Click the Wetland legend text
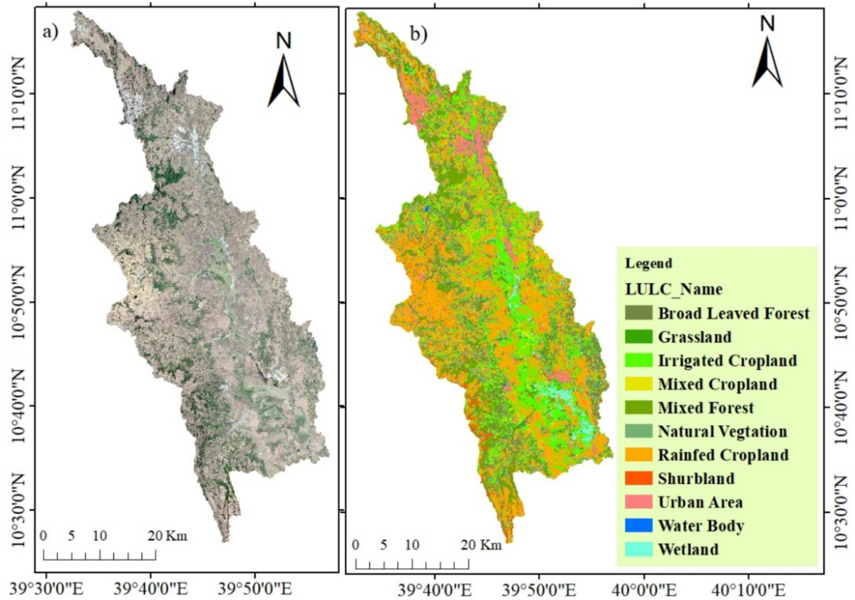(x=688, y=549)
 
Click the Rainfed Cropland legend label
(x=723, y=455)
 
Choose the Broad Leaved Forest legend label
(x=734, y=313)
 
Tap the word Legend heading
(x=648, y=263)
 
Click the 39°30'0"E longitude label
(x=46, y=589)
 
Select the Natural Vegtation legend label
(x=722, y=431)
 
